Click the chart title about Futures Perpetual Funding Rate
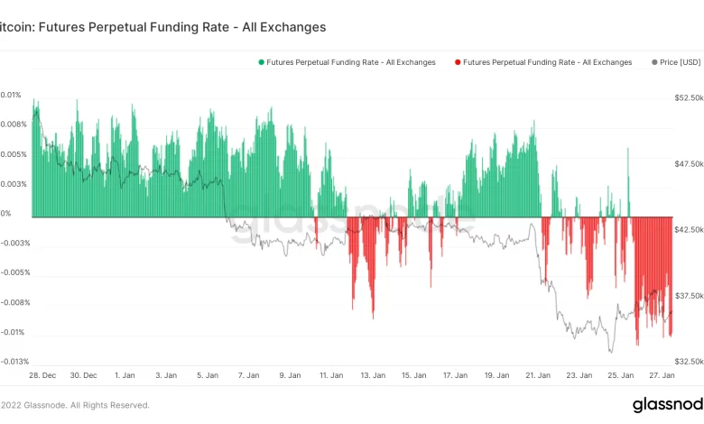click(x=162, y=27)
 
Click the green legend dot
click(x=261, y=62)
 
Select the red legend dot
click(x=458, y=62)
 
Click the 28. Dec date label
click(x=44, y=374)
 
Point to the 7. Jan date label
click(x=248, y=374)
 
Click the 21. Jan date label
click(x=539, y=374)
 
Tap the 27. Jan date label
click(x=663, y=374)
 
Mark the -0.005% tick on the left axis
click(x=15, y=272)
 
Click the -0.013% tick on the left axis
click(x=15, y=362)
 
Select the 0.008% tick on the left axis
click(x=14, y=124)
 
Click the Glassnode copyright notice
click(x=76, y=405)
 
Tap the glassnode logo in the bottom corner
click(x=668, y=404)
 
